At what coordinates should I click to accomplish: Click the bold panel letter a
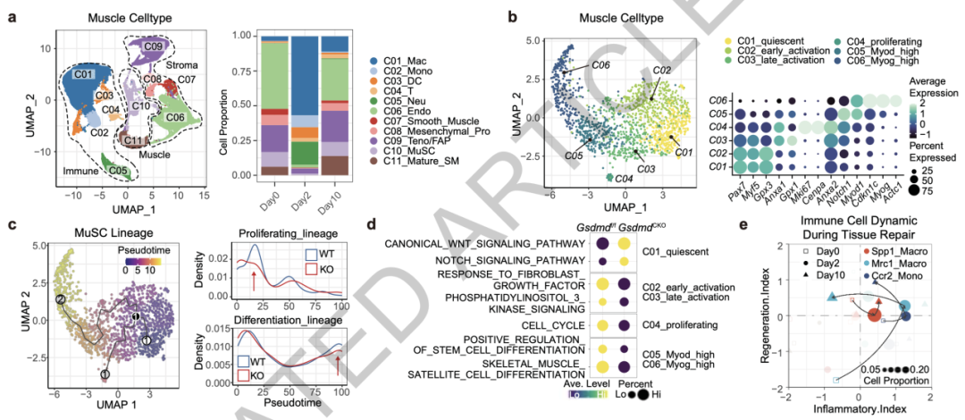pos(13,16)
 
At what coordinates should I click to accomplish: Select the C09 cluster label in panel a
pos(155,45)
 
